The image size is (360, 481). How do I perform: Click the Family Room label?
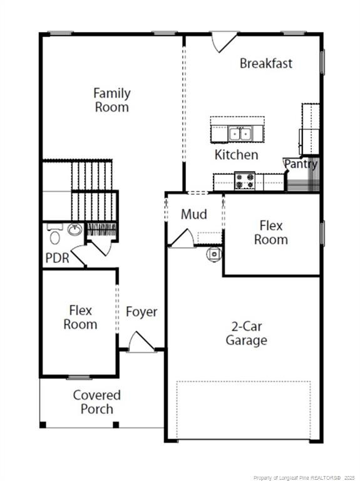pyautogui.click(x=112, y=100)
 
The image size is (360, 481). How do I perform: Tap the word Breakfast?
pyautogui.click(x=266, y=63)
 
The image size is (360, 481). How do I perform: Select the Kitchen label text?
pyautogui.click(x=236, y=155)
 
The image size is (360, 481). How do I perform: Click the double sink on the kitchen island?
pyautogui.click(x=240, y=134)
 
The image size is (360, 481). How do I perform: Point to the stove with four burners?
pyautogui.click(x=245, y=181)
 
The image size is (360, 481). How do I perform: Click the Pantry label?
pyautogui.click(x=301, y=164)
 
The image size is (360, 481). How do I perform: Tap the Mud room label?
pyautogui.click(x=194, y=214)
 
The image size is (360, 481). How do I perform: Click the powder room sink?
pyautogui.click(x=75, y=229)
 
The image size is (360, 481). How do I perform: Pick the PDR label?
pyautogui.click(x=58, y=258)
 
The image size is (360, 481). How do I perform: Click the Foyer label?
pyautogui.click(x=141, y=312)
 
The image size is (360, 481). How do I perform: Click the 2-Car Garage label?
pyautogui.click(x=246, y=333)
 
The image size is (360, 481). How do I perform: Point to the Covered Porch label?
pyautogui.click(x=96, y=402)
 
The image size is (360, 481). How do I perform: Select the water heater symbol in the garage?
pyautogui.click(x=214, y=254)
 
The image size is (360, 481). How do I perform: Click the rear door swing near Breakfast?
pyautogui.click(x=225, y=41)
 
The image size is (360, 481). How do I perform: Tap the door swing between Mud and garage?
pyautogui.click(x=182, y=239)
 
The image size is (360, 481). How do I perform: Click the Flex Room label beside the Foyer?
pyautogui.click(x=80, y=318)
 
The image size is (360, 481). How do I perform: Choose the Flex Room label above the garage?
pyautogui.click(x=270, y=233)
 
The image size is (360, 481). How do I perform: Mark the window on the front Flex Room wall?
pyautogui.click(x=80, y=377)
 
